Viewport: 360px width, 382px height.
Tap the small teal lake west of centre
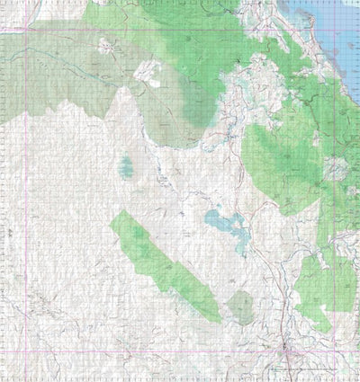tap(125, 165)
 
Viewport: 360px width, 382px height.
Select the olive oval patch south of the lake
tap(241, 306)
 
